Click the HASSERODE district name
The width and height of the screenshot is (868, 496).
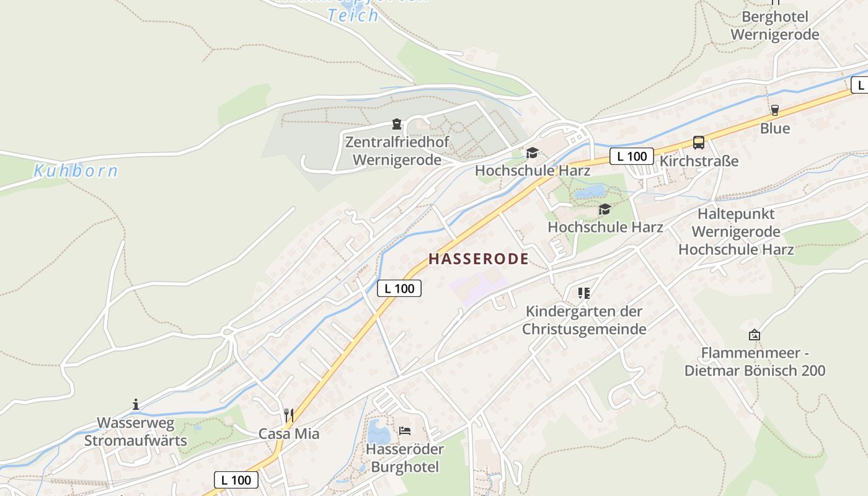point(478,259)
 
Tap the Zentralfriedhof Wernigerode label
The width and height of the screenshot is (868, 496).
point(397,151)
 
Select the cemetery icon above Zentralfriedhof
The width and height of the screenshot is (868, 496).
point(397,125)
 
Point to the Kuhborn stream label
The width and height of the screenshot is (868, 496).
point(76,171)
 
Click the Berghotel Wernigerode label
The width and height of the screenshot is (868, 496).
point(775,25)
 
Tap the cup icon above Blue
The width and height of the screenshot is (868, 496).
point(774,110)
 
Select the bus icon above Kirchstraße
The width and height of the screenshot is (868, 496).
point(699,143)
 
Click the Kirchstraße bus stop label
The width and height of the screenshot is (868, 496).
point(699,161)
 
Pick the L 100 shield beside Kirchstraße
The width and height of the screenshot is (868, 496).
point(631,156)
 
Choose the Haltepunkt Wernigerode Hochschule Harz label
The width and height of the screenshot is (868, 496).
point(736,232)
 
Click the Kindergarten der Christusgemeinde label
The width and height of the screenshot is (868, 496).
point(584,320)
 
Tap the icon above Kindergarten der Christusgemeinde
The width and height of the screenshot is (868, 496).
point(583,293)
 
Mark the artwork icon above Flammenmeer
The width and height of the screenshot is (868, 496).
point(754,335)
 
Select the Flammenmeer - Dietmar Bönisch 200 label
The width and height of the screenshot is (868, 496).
point(755,362)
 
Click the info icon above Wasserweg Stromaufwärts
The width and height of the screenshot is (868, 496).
point(136,405)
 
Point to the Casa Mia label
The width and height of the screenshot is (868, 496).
point(289,434)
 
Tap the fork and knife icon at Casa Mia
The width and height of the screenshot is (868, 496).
point(289,415)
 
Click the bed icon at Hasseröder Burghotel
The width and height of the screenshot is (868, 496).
point(405,430)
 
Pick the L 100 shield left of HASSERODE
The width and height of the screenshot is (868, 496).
point(399,288)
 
